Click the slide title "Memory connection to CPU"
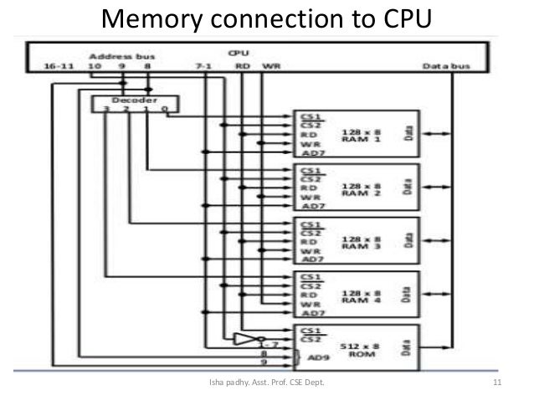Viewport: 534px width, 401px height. pyautogui.click(x=266, y=18)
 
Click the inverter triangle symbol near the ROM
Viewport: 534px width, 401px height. pyautogui.click(x=244, y=340)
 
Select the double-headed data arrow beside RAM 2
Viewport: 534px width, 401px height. pyautogui.click(x=435, y=187)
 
